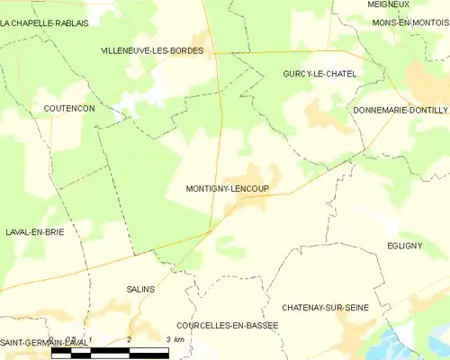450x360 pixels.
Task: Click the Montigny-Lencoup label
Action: (227, 189)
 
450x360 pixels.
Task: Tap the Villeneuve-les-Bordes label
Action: (152, 51)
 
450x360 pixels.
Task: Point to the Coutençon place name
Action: (69, 108)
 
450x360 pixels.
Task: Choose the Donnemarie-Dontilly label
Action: (400, 109)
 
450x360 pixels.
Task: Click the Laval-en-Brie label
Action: (35, 231)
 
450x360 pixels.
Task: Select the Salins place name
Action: (141, 289)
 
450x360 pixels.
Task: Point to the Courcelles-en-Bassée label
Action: (228, 325)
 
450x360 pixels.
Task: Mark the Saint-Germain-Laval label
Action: (43, 343)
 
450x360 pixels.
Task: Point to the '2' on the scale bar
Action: (130, 338)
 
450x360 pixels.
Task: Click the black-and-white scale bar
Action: (111, 351)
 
